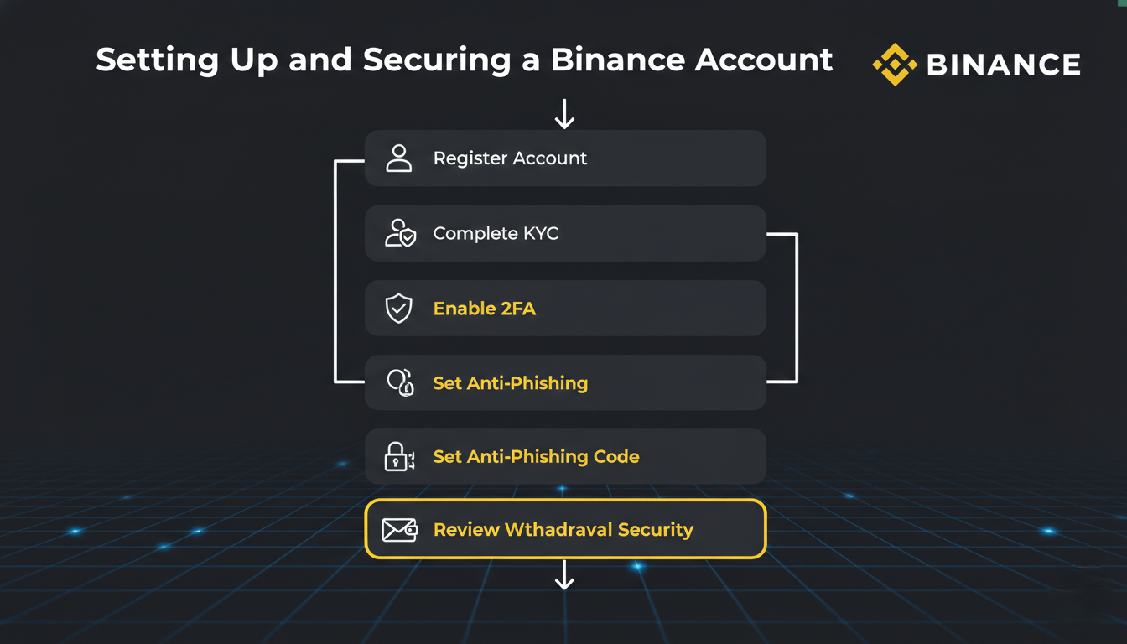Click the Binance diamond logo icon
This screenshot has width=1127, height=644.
[895, 65]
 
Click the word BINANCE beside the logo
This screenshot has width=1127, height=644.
[1004, 65]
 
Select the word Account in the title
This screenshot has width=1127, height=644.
[764, 60]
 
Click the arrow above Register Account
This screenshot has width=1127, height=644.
[564, 114]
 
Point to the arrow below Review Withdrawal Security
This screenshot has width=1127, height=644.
[564, 575]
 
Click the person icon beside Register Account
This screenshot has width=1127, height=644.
[399, 158]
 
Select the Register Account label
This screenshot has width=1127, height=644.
[510, 158]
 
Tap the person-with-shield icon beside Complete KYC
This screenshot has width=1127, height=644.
[400, 233]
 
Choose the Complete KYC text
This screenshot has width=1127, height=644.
[496, 233]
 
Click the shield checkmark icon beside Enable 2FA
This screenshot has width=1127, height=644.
[399, 309]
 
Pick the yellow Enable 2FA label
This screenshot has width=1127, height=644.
[484, 309]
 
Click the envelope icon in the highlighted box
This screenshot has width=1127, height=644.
[399, 530]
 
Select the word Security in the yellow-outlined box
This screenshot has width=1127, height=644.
[655, 530]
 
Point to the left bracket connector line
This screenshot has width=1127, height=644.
[335, 271]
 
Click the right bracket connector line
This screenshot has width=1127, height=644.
[796, 308]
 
